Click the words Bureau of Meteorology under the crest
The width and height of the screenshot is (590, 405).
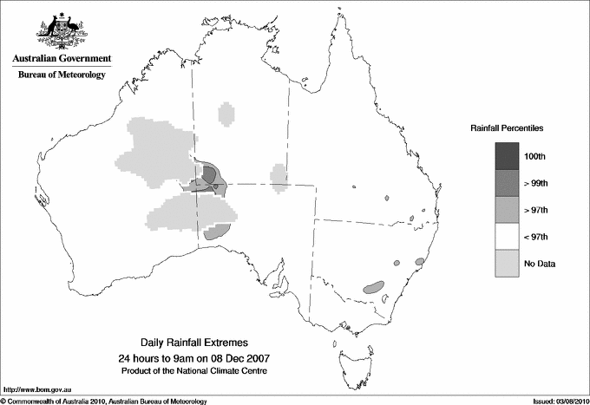click(62, 75)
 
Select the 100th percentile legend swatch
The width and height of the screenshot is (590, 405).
click(507, 156)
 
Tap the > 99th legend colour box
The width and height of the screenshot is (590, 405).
click(507, 183)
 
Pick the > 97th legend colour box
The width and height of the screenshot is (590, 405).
click(507, 210)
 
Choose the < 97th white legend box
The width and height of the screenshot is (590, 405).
click(507, 237)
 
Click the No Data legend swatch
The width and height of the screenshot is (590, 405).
click(507, 264)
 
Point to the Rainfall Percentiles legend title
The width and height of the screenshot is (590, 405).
click(507, 127)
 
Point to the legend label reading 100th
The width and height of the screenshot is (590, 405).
click(534, 156)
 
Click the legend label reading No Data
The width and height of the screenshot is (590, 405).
click(539, 264)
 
